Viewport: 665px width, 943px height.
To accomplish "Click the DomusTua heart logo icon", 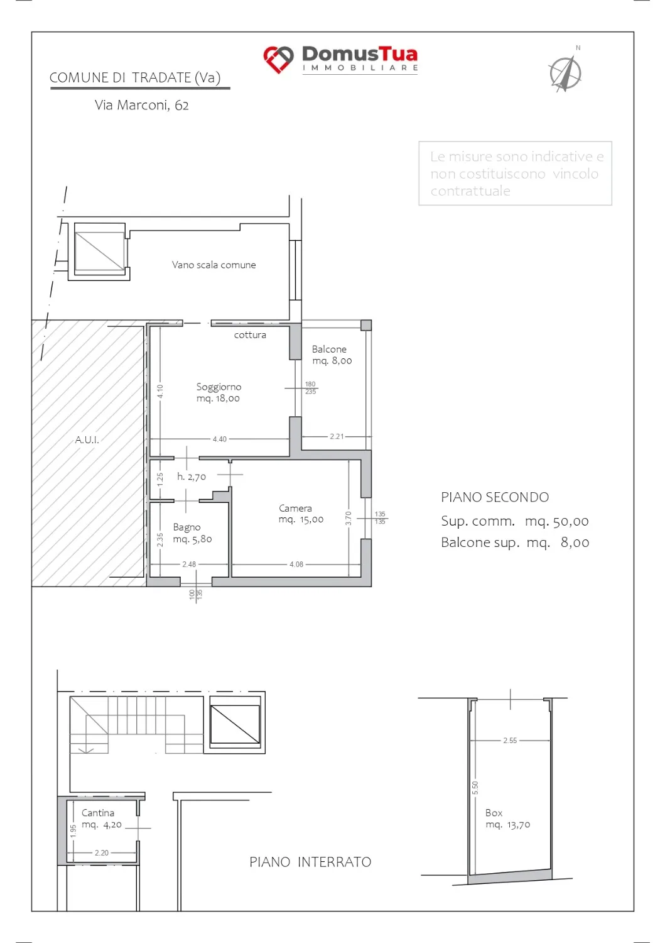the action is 278,59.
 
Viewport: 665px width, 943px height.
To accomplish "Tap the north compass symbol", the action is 566,72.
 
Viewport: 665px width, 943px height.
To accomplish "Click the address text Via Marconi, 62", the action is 141,105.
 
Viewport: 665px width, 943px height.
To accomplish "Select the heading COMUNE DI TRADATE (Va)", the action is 135,78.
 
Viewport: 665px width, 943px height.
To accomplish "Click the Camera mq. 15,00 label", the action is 301,514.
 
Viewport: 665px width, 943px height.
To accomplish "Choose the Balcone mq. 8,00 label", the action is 332,355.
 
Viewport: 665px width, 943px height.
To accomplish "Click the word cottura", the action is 250,334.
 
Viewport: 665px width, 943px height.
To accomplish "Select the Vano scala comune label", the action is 214,265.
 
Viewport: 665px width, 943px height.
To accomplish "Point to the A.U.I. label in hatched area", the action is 87,440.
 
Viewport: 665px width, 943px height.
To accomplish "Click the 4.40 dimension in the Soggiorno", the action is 220,439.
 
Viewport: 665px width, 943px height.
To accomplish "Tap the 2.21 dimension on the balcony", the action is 337,436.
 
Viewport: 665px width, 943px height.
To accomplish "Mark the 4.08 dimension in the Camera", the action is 296,564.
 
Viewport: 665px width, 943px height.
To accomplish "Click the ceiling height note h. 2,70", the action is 192,477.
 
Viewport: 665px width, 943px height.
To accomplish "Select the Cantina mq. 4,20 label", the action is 101,819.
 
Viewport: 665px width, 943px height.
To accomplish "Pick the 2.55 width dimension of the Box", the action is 510,740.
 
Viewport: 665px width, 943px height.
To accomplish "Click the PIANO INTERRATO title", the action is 310,862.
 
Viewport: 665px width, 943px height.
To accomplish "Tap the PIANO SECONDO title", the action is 495,497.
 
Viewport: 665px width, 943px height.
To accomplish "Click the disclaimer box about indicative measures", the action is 516,174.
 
